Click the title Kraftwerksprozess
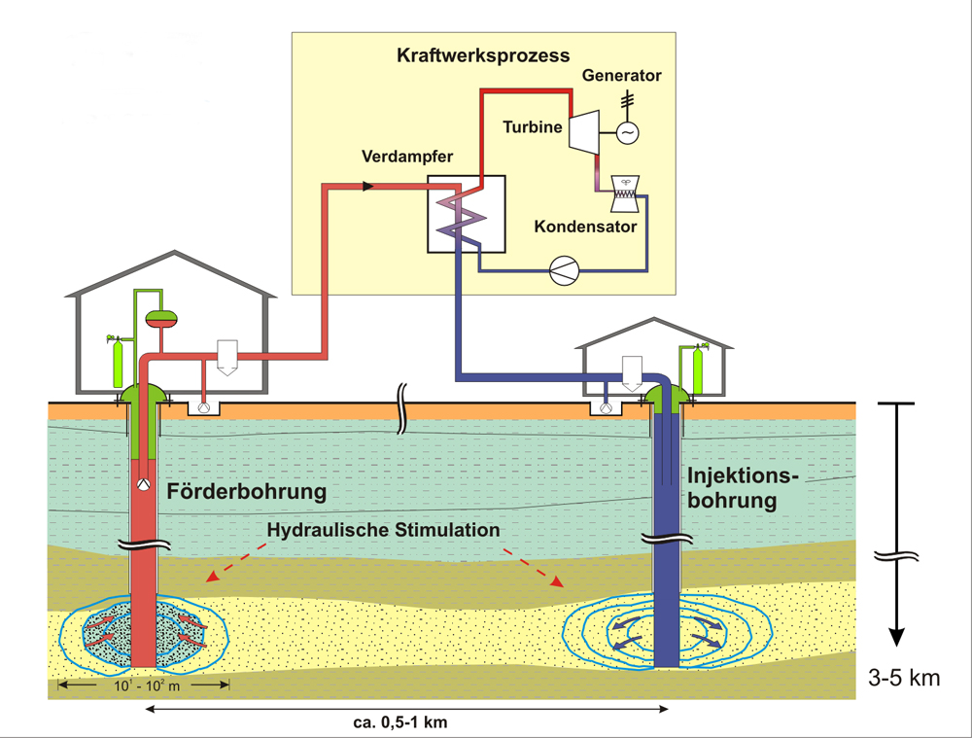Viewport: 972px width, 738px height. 483,54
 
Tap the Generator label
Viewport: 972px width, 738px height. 621,76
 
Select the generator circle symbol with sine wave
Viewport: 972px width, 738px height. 628,131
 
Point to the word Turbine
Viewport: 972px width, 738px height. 532,126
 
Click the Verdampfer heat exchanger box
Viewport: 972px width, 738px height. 466,215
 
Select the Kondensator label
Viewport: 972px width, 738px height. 585,228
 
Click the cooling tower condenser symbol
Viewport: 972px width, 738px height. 621,193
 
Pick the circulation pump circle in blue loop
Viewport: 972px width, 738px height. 564,271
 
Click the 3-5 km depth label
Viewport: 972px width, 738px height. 904,678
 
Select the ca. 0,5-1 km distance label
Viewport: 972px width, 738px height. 407,724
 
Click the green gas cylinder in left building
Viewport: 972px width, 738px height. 119,364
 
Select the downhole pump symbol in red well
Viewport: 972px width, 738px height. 143,483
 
